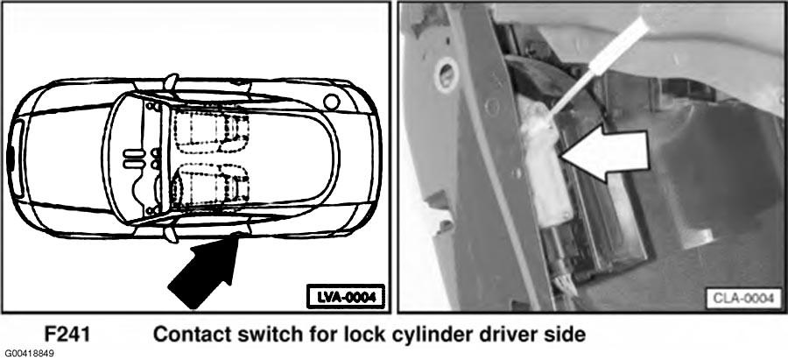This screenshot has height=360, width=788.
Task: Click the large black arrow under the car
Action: (206, 271)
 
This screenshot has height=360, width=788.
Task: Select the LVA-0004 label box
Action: (345, 297)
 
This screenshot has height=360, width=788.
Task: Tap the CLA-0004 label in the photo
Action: (743, 298)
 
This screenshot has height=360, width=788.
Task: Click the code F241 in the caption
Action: (67, 335)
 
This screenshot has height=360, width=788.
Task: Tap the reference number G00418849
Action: (27, 354)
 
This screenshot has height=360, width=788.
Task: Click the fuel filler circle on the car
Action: (332, 102)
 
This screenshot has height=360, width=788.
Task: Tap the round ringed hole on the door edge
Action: (447, 75)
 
